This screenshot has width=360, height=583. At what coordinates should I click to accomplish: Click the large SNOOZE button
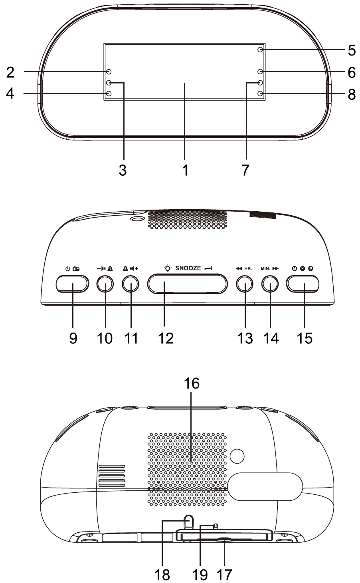[187, 284]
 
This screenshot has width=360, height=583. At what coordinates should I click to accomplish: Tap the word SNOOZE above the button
[188, 268]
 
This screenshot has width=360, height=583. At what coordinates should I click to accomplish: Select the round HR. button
[245, 284]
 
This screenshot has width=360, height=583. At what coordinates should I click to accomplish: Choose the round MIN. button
[270, 284]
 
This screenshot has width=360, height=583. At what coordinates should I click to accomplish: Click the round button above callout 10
[105, 284]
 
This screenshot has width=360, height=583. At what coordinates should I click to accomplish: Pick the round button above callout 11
[131, 284]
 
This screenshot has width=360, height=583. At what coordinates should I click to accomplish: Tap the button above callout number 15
[303, 284]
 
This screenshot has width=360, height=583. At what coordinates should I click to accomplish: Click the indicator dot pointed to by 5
[260, 50]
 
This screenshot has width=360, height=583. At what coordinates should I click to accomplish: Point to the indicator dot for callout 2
[109, 71]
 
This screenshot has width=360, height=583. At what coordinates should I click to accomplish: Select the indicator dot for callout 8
[260, 93]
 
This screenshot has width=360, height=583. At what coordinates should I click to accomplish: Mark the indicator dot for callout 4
[109, 93]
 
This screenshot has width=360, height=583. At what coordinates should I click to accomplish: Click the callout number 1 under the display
[185, 170]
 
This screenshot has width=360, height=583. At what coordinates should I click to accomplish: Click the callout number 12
[166, 338]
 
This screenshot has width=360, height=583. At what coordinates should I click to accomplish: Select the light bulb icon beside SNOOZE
[168, 268]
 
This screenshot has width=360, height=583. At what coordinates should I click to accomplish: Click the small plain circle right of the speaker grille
[237, 456]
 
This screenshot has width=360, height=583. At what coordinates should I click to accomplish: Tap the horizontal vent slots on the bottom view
[112, 476]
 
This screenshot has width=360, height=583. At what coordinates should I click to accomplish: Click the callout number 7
[245, 170]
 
